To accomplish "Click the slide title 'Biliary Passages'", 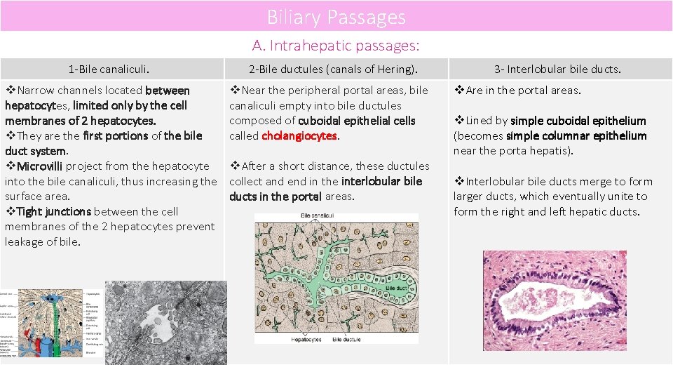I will (x=336, y=17).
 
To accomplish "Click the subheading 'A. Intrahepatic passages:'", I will (x=336, y=46).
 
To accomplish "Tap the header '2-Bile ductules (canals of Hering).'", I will (x=333, y=69).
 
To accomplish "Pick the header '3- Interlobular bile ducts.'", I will (x=557, y=69).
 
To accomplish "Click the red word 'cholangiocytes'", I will (x=300, y=136).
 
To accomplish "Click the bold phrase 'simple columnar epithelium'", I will (x=576, y=136).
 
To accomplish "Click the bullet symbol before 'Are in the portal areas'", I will (x=459, y=91).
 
